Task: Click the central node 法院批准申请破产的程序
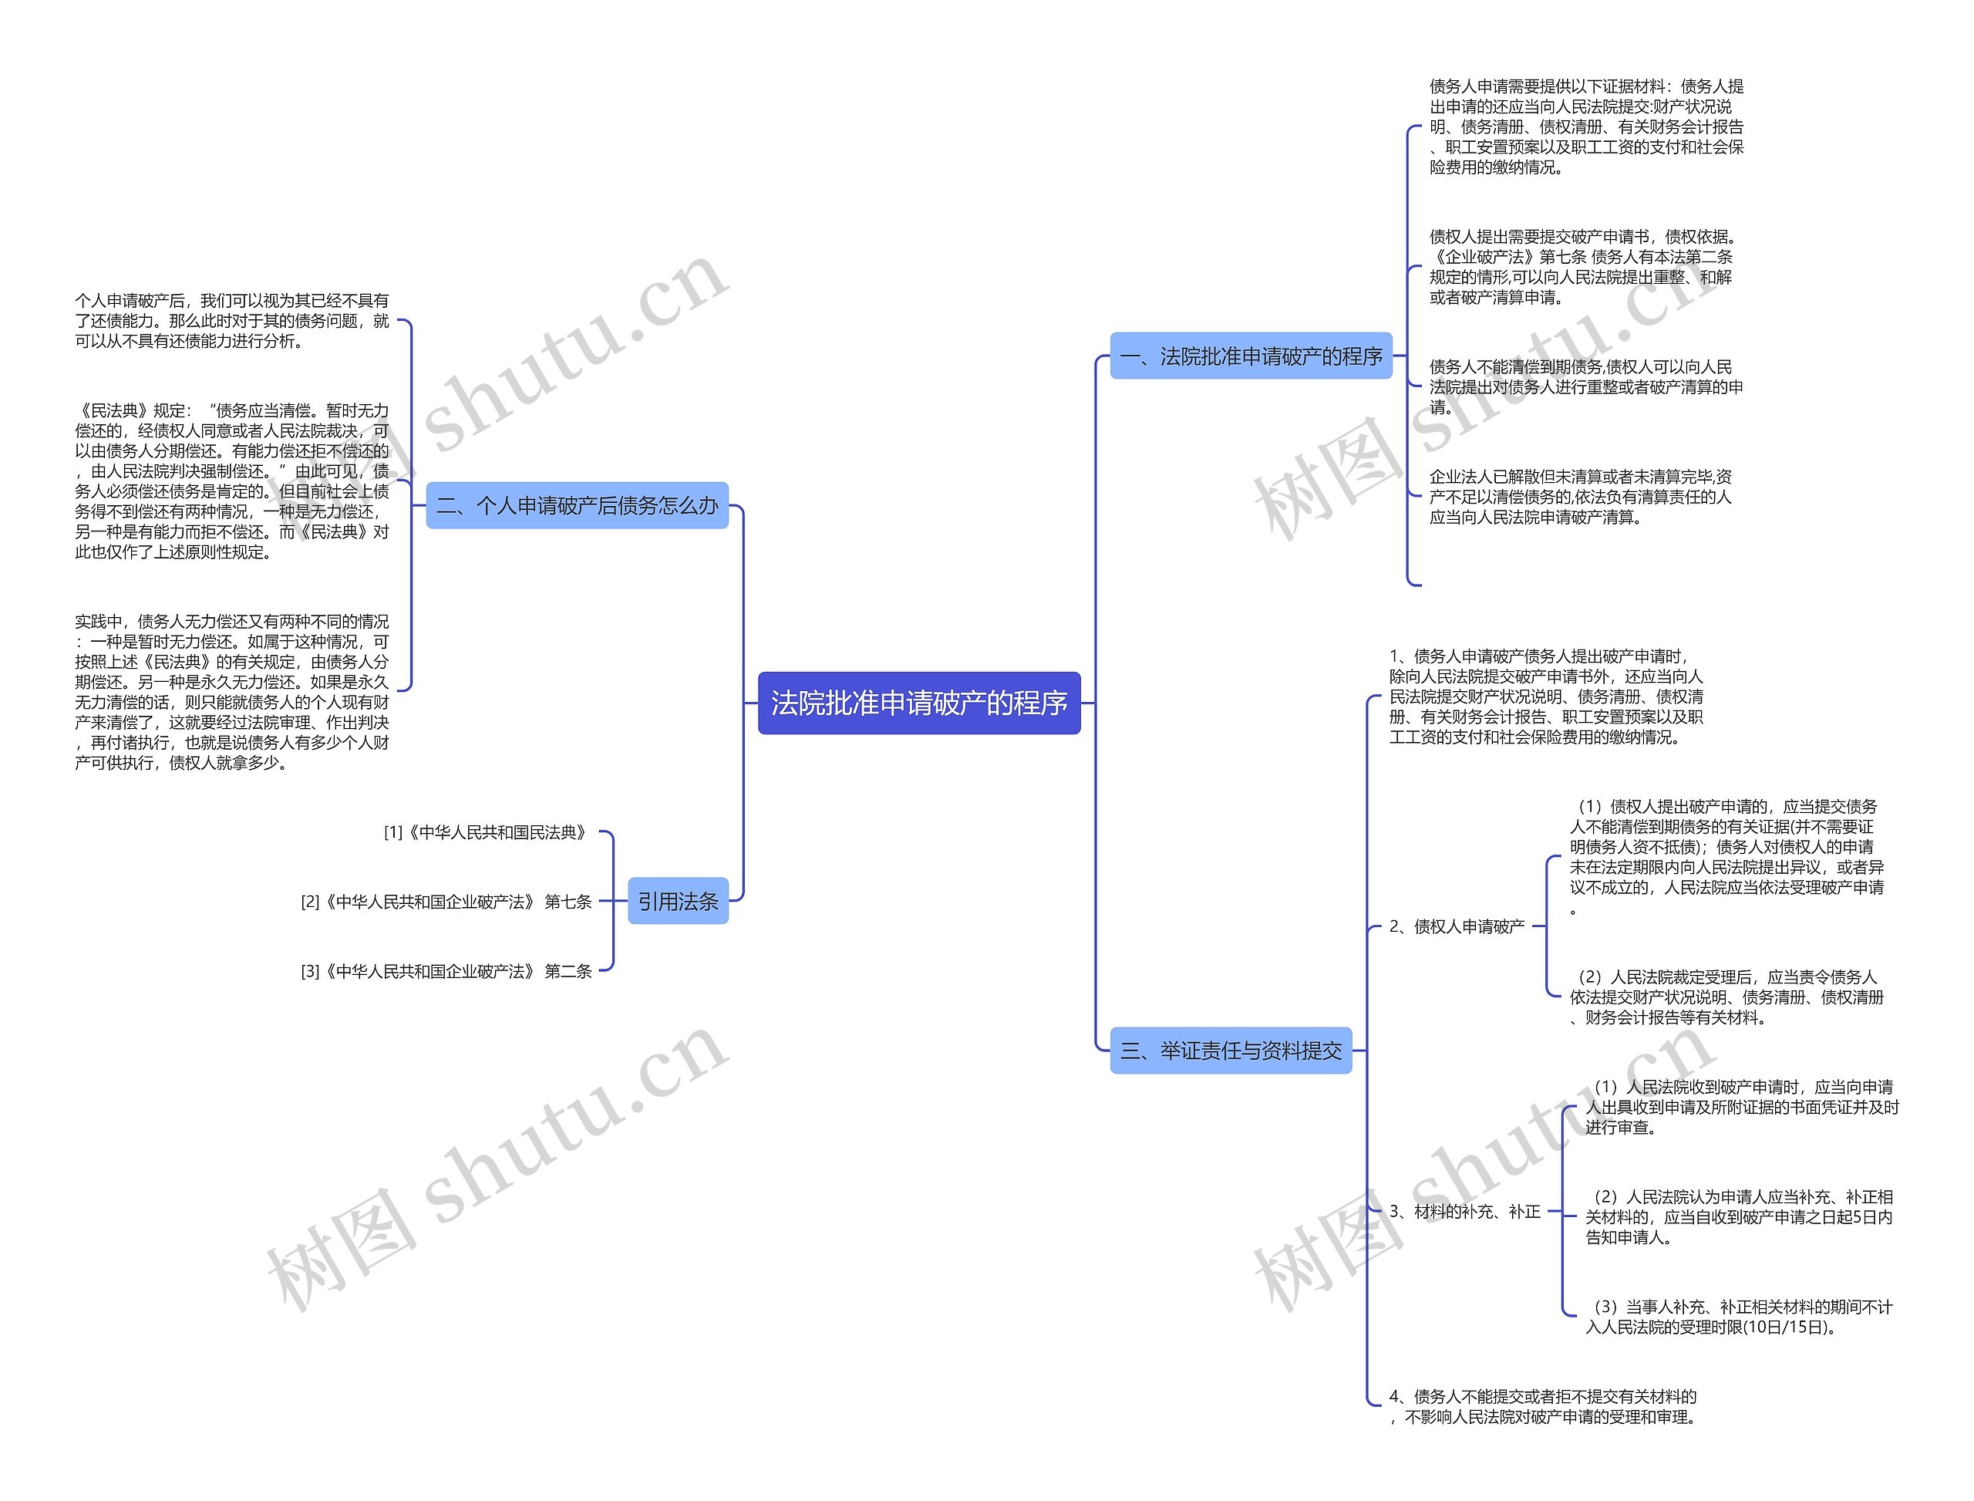point(918,703)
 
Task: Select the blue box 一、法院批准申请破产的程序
point(1251,356)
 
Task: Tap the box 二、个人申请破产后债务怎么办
point(577,506)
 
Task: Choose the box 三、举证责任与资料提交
point(1230,1051)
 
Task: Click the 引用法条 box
point(678,902)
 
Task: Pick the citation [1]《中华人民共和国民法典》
point(487,833)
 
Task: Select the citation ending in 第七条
point(446,902)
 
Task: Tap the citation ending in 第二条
point(446,971)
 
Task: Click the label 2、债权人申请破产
point(1457,926)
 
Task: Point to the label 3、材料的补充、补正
point(1465,1212)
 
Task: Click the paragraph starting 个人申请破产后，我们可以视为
point(232,321)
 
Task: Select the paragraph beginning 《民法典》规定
point(232,481)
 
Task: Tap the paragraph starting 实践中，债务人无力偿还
point(232,692)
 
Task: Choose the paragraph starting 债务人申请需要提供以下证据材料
point(1586,126)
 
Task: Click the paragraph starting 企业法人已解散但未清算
point(1581,497)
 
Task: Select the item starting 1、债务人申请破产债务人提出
point(1546,697)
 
